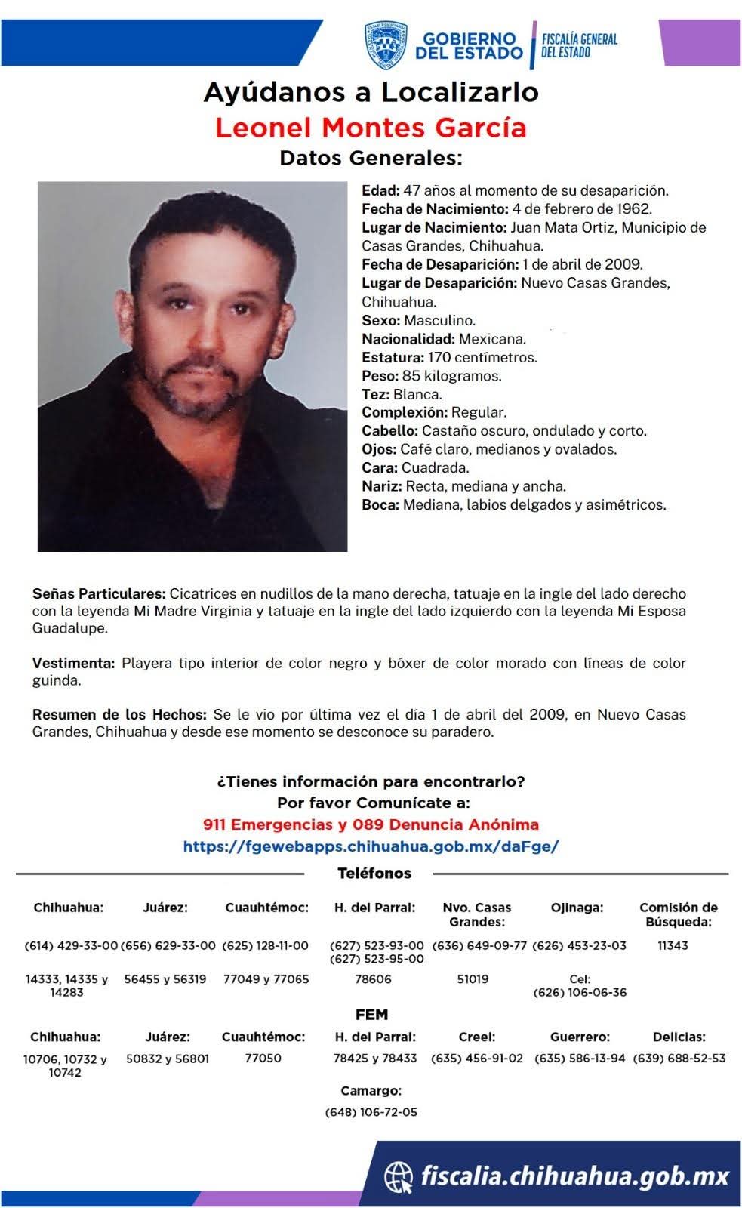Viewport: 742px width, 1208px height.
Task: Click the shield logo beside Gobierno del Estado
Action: [385, 45]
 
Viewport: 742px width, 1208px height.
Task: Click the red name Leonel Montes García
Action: [371, 128]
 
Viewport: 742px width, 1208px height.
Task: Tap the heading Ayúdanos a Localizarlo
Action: [371, 92]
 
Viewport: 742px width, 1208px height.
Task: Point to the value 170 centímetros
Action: [482, 357]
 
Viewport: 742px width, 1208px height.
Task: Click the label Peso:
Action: [380, 376]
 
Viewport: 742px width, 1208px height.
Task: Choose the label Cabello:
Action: [389, 431]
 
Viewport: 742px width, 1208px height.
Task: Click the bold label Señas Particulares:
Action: [99, 594]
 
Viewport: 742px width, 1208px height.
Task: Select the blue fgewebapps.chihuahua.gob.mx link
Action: [371, 846]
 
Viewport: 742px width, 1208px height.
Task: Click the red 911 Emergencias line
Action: [371, 824]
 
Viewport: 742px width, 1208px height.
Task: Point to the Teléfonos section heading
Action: [374, 874]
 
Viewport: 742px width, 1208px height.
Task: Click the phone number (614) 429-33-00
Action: [71, 945]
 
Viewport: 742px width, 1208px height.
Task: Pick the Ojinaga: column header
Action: [577, 908]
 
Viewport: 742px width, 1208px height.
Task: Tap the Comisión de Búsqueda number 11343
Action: [673, 945]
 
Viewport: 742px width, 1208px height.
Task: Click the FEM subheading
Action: [371, 1015]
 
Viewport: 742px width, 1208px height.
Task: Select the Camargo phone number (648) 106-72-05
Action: [371, 1112]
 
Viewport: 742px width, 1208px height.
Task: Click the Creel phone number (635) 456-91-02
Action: [476, 1059]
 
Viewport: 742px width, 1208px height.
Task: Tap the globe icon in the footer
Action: [399, 1176]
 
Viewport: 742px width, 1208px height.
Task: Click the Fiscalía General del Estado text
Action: [580, 45]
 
